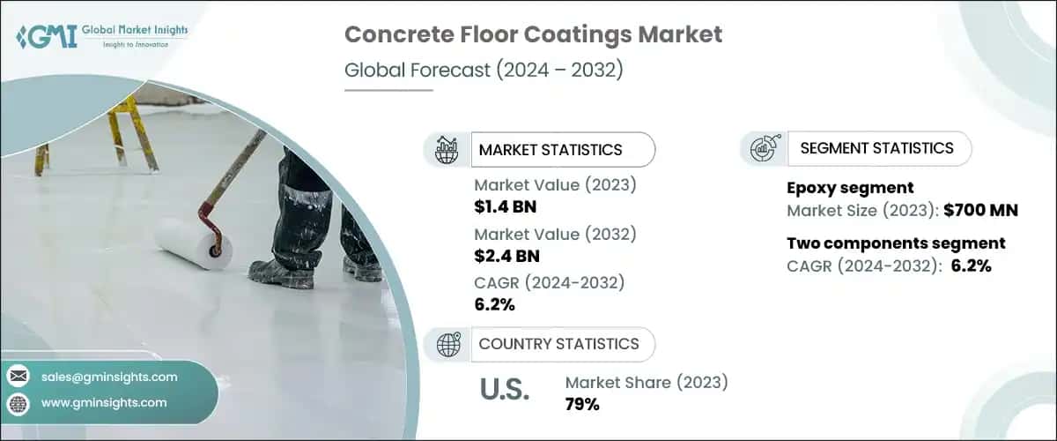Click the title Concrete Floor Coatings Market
point(533,34)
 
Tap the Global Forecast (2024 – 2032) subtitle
point(484,70)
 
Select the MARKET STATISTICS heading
point(551,150)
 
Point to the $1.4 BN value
point(506,207)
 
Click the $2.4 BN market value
point(506,256)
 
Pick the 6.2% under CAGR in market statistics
point(494,305)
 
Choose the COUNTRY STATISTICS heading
point(558,344)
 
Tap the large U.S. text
point(505,390)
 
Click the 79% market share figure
point(582,405)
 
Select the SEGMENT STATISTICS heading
point(876,148)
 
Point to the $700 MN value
point(980,210)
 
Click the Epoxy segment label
point(850,188)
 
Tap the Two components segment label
point(896,243)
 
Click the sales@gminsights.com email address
point(109,377)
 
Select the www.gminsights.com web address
point(104,403)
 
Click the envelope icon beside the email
point(18,377)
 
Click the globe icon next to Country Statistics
point(448,344)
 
